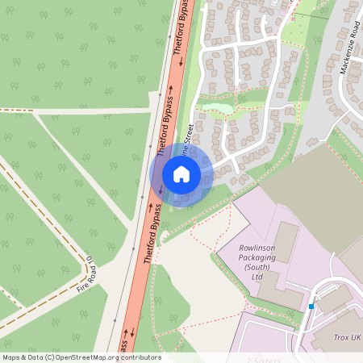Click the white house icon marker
(x=181, y=173)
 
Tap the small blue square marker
(x=311, y=306)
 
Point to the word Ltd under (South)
(x=257, y=277)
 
